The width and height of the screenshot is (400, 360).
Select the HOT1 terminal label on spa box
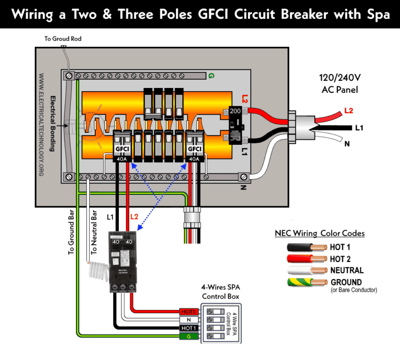click(x=189, y=328)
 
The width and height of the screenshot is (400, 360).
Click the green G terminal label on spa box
click(x=189, y=337)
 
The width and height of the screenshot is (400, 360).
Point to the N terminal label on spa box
click(x=189, y=319)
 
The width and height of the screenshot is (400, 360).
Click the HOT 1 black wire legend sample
click(x=307, y=246)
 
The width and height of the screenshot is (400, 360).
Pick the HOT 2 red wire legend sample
click(x=307, y=258)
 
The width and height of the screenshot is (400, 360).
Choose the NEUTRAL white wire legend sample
click(x=307, y=271)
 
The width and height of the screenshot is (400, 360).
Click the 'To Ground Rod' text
click(x=63, y=39)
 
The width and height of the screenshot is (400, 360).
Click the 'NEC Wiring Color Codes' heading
click(x=319, y=233)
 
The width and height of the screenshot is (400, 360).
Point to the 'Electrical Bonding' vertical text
click(x=52, y=123)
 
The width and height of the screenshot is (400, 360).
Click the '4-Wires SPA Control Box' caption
click(x=221, y=292)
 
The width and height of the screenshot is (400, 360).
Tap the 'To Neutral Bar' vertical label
click(x=94, y=231)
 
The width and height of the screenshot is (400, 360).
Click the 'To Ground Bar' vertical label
click(x=71, y=231)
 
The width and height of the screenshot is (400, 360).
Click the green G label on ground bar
click(x=211, y=76)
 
